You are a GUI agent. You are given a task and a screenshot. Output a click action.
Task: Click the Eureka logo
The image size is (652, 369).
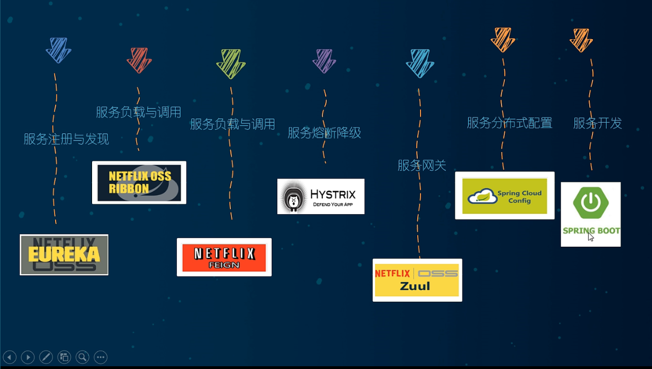tap(64, 254)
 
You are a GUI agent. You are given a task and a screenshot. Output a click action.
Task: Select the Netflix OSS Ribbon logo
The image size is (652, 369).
tap(139, 182)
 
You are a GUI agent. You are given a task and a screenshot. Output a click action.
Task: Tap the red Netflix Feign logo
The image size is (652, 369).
tap(224, 257)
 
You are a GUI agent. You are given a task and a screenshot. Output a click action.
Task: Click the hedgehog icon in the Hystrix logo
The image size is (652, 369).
tap(293, 197)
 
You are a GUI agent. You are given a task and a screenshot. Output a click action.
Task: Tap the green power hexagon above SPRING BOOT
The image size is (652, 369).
tap(590, 203)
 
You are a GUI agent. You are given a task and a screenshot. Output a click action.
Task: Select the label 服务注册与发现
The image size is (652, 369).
tap(66, 139)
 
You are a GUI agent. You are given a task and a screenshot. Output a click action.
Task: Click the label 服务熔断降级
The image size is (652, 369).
tap(324, 133)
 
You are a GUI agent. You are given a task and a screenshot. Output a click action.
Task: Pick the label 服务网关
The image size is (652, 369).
tap(422, 165)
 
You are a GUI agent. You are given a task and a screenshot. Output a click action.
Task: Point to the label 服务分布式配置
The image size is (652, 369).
tap(509, 123)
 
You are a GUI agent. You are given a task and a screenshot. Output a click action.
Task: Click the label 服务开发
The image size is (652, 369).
tap(597, 123)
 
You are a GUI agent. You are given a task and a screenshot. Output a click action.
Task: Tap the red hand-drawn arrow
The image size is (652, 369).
tap(139, 60)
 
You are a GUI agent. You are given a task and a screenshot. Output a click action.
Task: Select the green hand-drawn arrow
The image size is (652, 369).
tap(230, 63)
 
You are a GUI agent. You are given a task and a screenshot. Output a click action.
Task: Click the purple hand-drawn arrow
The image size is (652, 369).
tap(324, 61)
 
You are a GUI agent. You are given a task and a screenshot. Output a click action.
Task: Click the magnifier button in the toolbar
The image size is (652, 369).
tap(82, 357)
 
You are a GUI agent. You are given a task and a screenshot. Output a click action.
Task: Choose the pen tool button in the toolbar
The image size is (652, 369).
tap(46, 357)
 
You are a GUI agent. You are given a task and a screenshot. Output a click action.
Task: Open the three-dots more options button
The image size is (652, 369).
tap(100, 357)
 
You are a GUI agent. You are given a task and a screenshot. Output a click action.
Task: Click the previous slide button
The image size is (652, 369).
tap(9, 357)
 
